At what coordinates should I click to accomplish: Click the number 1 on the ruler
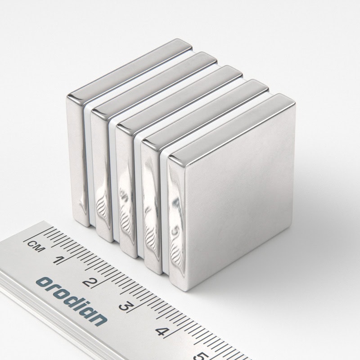(58, 260)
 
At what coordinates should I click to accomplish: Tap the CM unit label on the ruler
(33, 245)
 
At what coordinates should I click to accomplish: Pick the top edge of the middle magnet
(180, 96)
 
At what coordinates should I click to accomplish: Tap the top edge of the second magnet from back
(155, 81)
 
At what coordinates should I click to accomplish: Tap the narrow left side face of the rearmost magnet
(75, 157)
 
